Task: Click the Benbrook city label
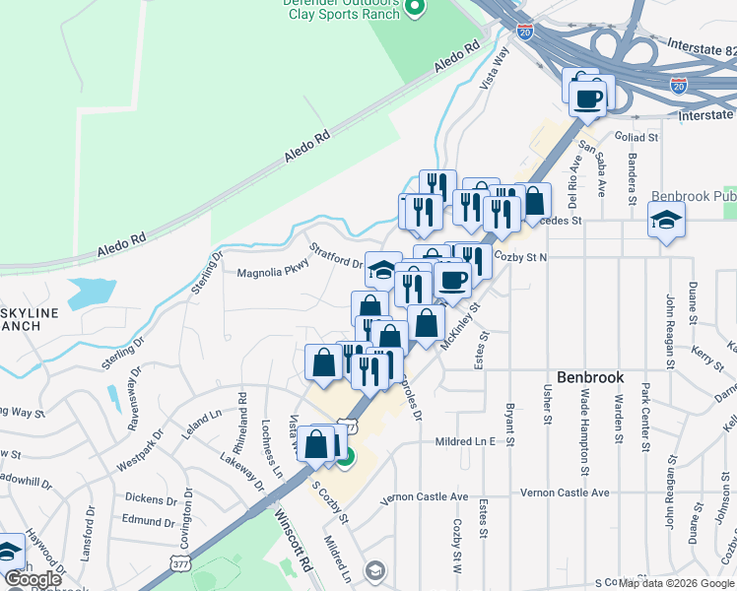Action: click(x=591, y=376)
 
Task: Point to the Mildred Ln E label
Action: click(x=465, y=442)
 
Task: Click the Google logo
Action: click(x=33, y=579)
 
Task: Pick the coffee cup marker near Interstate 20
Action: click(x=588, y=97)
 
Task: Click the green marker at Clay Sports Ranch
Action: click(x=415, y=9)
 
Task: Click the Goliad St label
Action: click(x=635, y=137)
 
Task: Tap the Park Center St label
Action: click(x=645, y=414)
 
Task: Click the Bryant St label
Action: click(x=510, y=422)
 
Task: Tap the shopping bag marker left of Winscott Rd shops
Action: click(x=323, y=362)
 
